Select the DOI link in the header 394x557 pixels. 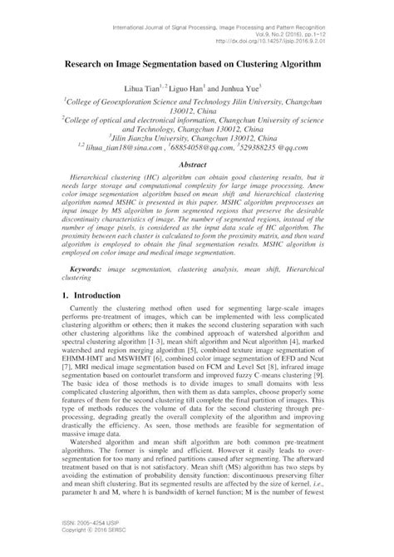point(308,37)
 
